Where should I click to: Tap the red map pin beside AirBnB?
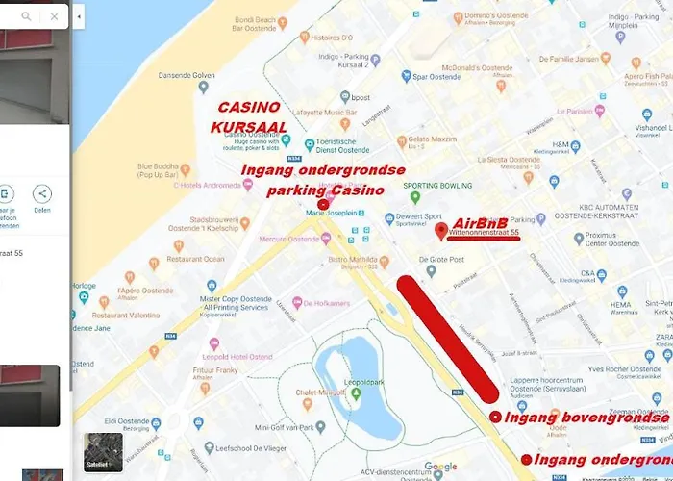(x=441, y=231)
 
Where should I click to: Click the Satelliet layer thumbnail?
(x=103, y=452)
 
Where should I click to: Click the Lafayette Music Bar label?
(x=319, y=114)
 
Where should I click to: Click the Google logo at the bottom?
(x=440, y=467)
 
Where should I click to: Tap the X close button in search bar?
(x=54, y=16)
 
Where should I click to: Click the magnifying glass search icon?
(x=26, y=16)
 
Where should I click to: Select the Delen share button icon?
(x=42, y=194)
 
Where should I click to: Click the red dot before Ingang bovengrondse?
(x=495, y=417)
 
